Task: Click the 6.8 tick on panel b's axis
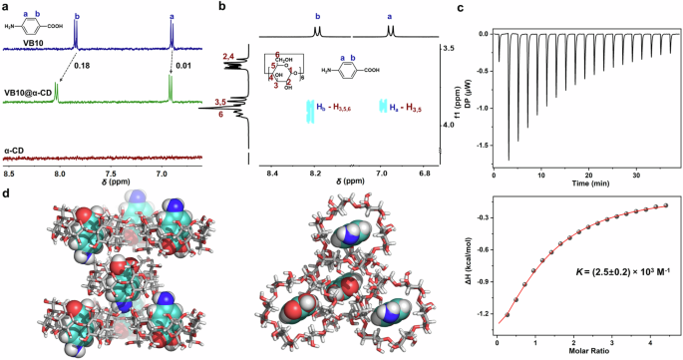pos(422,173)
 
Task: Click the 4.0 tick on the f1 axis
pos(450,125)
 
